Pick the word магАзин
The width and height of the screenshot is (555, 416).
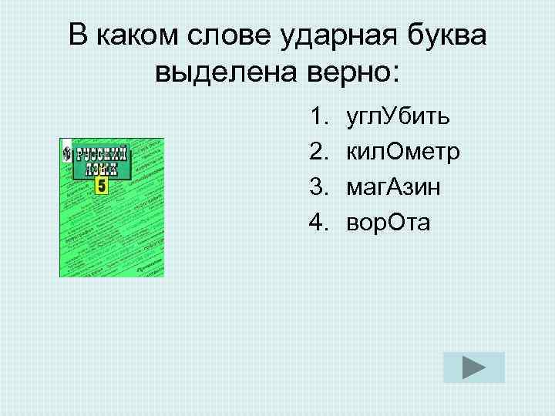pos(394,187)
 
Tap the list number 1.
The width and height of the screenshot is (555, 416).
pos(318,118)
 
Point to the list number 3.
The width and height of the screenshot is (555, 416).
pos(318,187)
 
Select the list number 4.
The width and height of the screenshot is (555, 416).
pos(318,223)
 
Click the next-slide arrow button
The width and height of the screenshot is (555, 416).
pos(474,367)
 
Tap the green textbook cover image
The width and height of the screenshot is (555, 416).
pos(112,208)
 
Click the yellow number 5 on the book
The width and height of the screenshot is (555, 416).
pos(102,186)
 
